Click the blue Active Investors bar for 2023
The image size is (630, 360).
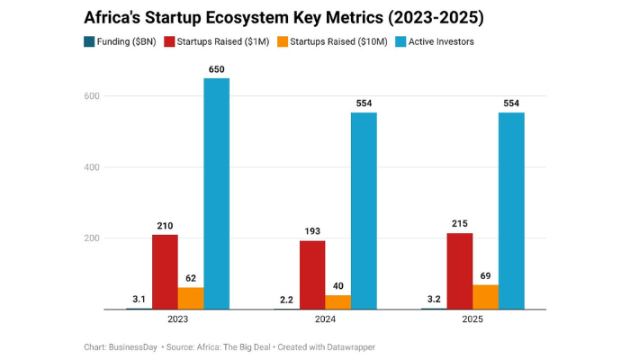coord(216,193)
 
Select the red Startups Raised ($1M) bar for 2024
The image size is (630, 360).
coord(312,274)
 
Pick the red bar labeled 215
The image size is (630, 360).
coord(460,271)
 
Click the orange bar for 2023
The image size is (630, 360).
coord(190,298)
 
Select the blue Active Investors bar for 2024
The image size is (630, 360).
coord(364,211)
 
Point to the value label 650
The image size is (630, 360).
coord(216,68)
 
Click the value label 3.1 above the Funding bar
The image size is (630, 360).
coord(139,298)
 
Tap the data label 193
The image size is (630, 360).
coord(312,230)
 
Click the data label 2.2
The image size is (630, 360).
coord(286,298)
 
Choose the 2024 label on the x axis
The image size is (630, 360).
coord(325,319)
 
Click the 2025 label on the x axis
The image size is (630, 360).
coord(472,319)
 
